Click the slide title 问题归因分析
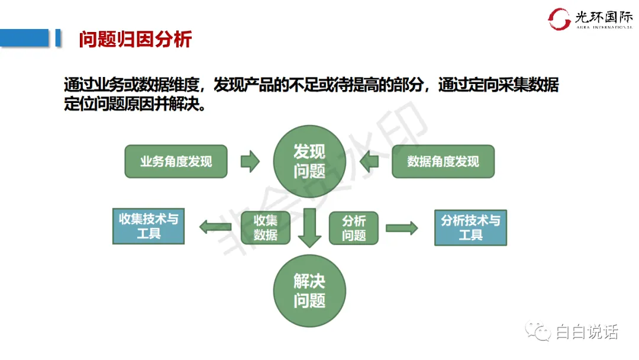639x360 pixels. [x=135, y=40]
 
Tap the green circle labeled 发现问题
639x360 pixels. [x=309, y=161]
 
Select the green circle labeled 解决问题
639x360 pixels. [x=309, y=290]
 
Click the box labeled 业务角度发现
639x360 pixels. [x=176, y=162]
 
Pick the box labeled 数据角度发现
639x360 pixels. [x=443, y=162]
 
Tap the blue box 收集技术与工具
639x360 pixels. [x=149, y=226]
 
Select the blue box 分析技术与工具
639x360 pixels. [x=470, y=227]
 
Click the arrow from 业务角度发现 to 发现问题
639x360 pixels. [x=250, y=161]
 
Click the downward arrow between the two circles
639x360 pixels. [x=309, y=228]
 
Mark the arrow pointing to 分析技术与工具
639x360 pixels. [x=402, y=228]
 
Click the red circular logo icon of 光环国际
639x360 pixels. [x=559, y=19]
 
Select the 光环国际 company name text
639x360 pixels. [x=603, y=17]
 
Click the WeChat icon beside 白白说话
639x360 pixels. [x=539, y=332]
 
